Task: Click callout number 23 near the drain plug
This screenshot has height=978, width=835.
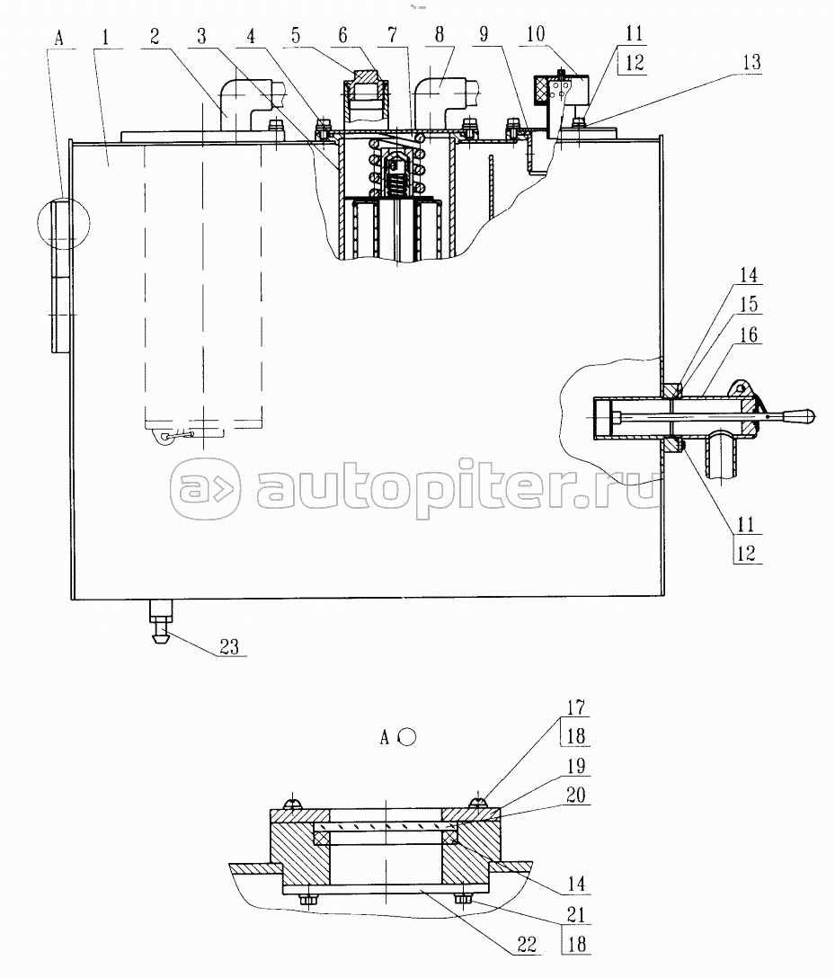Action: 229,647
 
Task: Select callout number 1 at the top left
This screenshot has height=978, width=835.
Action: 105,38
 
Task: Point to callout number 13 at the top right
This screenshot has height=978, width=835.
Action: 751,62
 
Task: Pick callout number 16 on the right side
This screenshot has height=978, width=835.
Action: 749,335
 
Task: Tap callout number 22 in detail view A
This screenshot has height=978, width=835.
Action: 527,945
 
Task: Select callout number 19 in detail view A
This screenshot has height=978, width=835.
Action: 575,765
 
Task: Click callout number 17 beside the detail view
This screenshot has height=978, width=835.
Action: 575,707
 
